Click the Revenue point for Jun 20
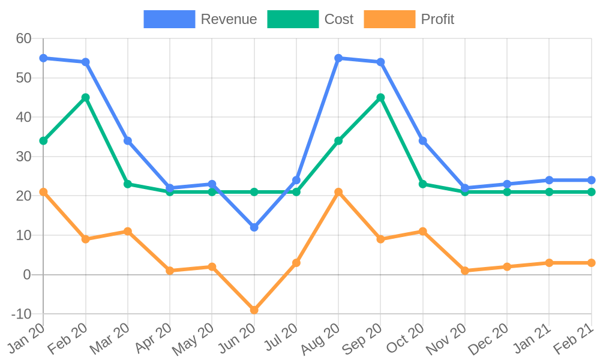[254, 227]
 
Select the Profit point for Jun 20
[254, 310]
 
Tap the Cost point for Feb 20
[86, 97]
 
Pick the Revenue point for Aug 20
[338, 58]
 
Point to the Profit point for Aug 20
[338, 192]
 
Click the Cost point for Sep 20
[380, 97]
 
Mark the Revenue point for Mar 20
[128, 140]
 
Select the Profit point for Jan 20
[43, 192]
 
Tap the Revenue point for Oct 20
[423, 140]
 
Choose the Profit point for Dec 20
[507, 266]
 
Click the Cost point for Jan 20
[43, 140]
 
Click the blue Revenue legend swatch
[169, 19]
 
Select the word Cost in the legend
[339, 19]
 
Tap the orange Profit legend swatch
[389, 19]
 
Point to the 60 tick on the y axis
[23, 38]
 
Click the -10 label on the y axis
[21, 314]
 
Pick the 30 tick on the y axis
[23, 157]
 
